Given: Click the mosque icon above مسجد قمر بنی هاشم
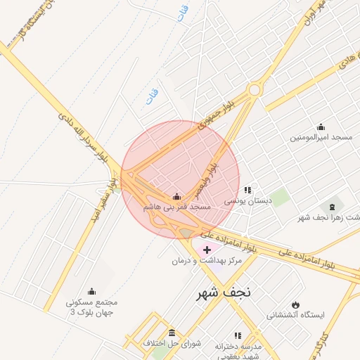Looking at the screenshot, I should tap(176, 196).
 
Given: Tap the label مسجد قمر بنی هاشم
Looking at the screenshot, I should tap(176, 207).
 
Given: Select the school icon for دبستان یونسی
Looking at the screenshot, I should tap(247, 190).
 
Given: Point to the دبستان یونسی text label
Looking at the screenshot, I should tap(247, 201).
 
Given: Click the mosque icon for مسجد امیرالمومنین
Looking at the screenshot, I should tap(321, 127).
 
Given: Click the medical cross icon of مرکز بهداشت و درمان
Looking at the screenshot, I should tap(207, 250).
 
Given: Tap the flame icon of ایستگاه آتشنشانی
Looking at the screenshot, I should tap(295, 304).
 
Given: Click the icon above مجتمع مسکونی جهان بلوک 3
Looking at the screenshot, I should tap(91, 291).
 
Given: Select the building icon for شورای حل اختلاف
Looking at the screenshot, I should tap(172, 333).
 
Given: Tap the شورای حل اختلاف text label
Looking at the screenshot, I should tap(172, 343).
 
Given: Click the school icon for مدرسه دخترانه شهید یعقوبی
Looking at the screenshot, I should tap(237, 336).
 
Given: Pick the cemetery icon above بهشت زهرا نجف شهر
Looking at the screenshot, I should tap(332, 206).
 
